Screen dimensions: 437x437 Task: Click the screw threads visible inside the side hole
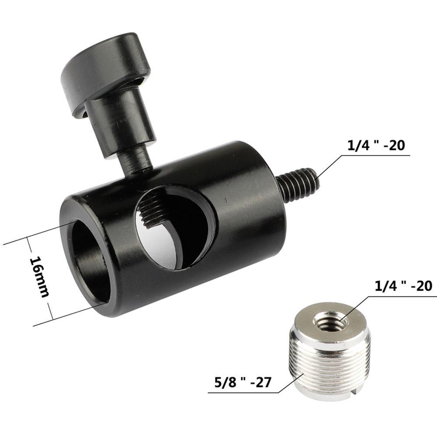click(x=153, y=210)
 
